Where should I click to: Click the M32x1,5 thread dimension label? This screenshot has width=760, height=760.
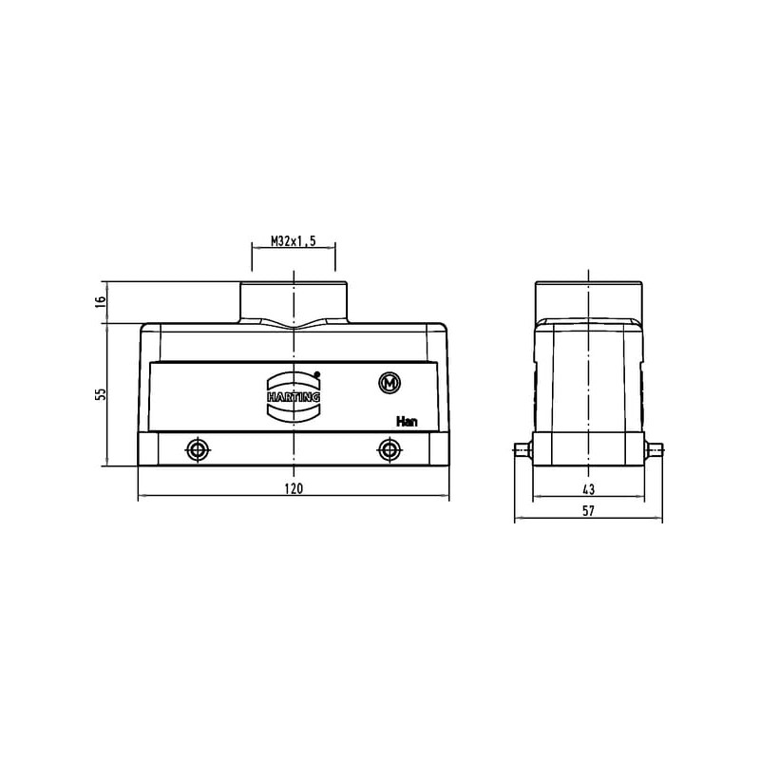(294, 241)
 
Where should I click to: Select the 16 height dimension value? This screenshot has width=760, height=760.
(101, 301)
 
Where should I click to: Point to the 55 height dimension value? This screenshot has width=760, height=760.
(101, 394)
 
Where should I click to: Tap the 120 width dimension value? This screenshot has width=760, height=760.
(294, 488)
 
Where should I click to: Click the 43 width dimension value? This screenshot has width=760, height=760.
(588, 489)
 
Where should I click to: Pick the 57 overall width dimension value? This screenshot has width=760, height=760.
(588, 511)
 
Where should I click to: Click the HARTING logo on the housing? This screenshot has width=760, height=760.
(294, 396)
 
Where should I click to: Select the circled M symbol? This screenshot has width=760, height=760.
(389, 384)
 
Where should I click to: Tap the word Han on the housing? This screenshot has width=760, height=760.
(407, 421)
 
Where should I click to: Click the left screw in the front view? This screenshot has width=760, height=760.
(198, 450)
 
